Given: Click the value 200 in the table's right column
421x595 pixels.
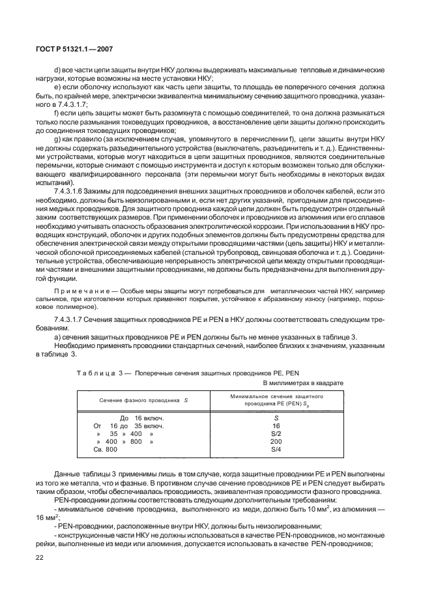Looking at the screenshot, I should click(276, 441).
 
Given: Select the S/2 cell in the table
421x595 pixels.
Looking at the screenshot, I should click(276, 433).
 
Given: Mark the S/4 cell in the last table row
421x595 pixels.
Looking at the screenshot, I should click(276, 450).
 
